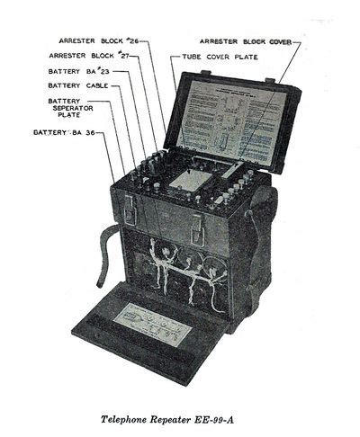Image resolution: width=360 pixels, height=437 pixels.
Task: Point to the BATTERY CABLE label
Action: [77, 85]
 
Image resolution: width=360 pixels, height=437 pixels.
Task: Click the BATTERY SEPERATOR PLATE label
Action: [68, 109]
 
